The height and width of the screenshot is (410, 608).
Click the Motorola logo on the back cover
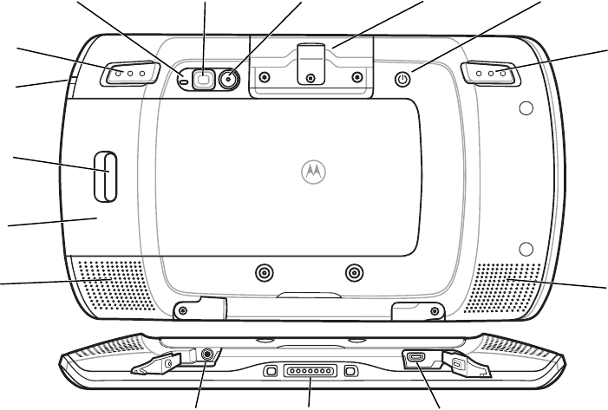click(311, 170)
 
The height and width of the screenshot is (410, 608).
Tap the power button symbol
click(402, 79)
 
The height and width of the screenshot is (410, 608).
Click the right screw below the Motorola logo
click(352, 273)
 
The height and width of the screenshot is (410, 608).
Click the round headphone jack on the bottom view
click(206, 355)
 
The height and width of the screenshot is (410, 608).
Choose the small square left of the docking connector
click(270, 371)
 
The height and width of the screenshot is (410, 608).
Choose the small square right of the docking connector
click(350, 371)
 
